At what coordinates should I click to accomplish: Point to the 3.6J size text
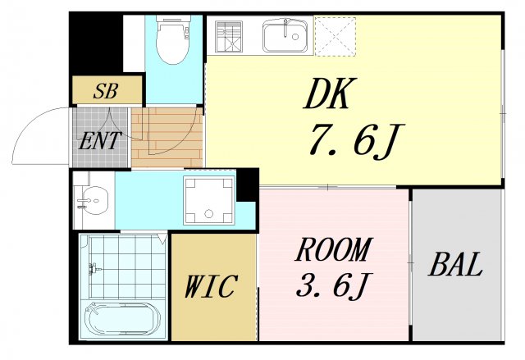[333, 286]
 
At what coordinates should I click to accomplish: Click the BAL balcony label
[455, 266]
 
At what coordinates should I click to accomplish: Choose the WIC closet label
[211, 287]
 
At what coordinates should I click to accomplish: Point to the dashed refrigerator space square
[335, 36]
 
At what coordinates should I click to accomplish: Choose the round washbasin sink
[97, 198]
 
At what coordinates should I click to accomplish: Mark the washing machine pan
[208, 200]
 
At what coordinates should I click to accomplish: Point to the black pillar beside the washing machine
[247, 185]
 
